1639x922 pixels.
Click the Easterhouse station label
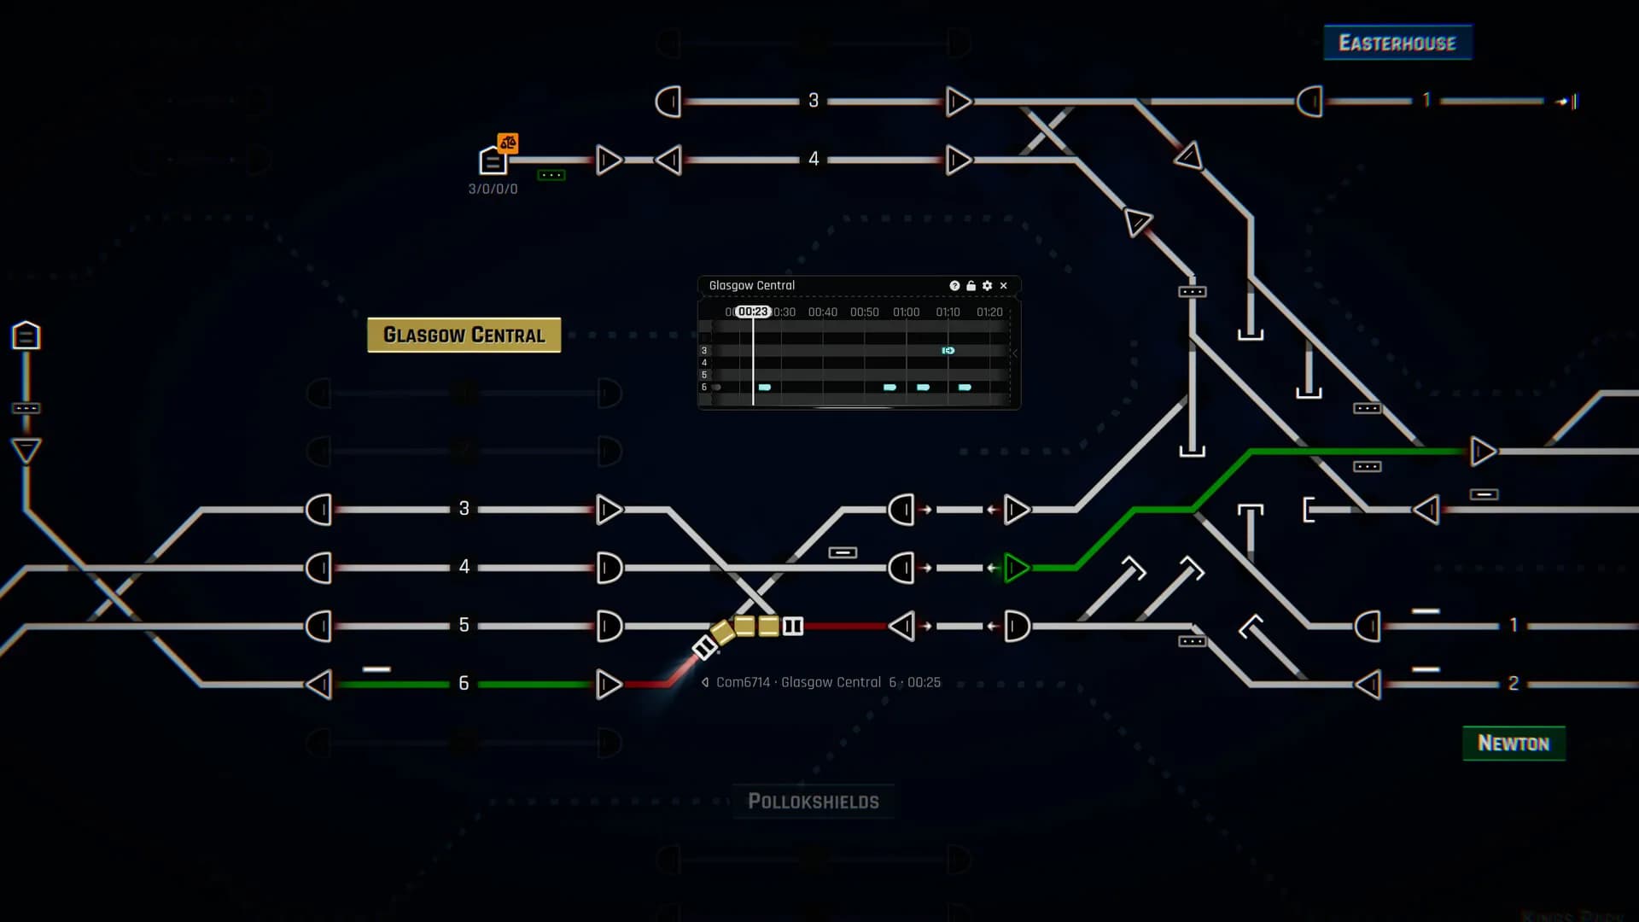click(x=1397, y=43)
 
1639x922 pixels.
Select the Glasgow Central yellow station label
click(x=464, y=335)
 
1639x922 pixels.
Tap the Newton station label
click(x=1514, y=744)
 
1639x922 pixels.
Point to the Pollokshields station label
click(x=813, y=802)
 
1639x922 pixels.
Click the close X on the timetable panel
click(x=1004, y=286)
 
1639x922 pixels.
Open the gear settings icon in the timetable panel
click(x=988, y=286)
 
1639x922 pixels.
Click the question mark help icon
click(x=954, y=286)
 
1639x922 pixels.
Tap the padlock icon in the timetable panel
click(x=971, y=286)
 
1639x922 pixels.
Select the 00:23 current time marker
click(x=753, y=312)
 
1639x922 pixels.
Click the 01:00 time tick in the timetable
click(x=906, y=312)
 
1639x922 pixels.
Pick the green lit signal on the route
click(x=1016, y=568)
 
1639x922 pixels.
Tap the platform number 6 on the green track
click(x=464, y=683)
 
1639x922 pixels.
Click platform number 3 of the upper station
click(x=814, y=101)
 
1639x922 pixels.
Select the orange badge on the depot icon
click(x=508, y=143)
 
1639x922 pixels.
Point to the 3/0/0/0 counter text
click(x=493, y=189)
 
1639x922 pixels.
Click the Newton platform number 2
click(x=1513, y=683)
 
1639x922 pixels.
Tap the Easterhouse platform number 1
click(x=1426, y=100)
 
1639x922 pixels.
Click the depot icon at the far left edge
click(x=26, y=336)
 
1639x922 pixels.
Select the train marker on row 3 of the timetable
click(x=948, y=351)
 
